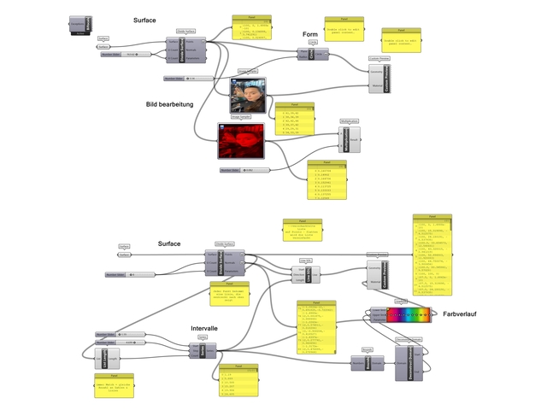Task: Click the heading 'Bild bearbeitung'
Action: pyautogui.click(x=170, y=104)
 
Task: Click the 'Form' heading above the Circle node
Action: pyautogui.click(x=310, y=34)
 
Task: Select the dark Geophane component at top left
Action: pyautogui.click(x=80, y=27)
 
